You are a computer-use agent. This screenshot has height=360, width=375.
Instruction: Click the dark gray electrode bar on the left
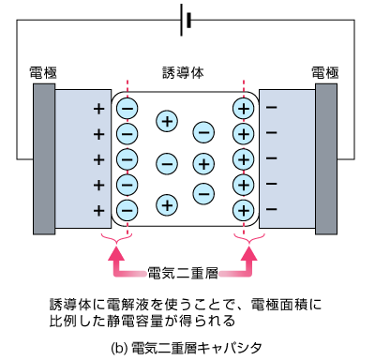tap(44, 159)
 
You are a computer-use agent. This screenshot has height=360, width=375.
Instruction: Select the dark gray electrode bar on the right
tap(327, 159)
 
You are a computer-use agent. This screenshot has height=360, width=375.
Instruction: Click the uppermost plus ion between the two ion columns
tap(167, 120)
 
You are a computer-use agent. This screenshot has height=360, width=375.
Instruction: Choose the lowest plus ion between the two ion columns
tap(167, 202)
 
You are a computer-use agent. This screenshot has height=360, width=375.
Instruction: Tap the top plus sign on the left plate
tap(98, 109)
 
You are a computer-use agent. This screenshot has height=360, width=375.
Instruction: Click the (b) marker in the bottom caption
tap(119, 347)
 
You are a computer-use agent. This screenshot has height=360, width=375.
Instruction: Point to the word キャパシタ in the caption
tap(231, 347)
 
